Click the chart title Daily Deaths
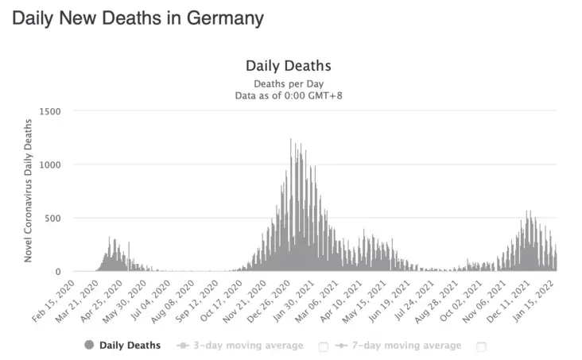288,65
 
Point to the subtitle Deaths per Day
288,83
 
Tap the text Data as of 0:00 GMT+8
288,95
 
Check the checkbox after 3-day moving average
324,346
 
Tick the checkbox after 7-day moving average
482,346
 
